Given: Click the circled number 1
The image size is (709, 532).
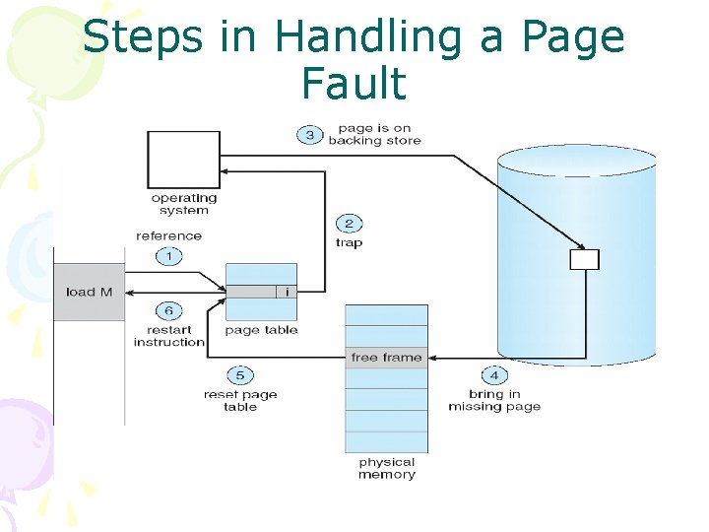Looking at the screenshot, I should [x=168, y=256].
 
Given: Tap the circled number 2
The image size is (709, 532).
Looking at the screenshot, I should [x=349, y=224].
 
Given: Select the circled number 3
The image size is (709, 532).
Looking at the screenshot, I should [x=309, y=135].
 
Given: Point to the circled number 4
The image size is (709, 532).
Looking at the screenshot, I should [x=494, y=374].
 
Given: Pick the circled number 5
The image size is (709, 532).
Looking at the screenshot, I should [x=239, y=375].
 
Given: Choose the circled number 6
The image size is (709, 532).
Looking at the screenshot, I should [x=168, y=311].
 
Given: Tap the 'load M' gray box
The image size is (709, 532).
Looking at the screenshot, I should [x=90, y=292].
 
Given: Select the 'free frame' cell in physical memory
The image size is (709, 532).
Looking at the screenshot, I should [x=386, y=358].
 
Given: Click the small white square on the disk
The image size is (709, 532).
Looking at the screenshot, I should [x=584, y=259].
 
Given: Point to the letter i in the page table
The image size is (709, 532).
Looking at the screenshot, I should [x=287, y=292].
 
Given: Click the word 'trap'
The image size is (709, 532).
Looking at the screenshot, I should [x=349, y=243].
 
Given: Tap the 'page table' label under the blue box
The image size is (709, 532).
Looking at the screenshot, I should [x=261, y=331].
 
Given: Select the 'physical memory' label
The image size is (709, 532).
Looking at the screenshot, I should [x=386, y=468].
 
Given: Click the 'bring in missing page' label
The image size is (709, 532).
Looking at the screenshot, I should [x=494, y=400].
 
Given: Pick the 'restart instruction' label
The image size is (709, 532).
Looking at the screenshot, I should [x=168, y=336].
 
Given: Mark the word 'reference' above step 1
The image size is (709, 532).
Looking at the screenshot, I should [x=168, y=235].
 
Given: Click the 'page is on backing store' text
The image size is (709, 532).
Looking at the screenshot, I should [x=374, y=134].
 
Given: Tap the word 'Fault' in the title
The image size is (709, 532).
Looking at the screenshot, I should [x=354, y=84].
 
